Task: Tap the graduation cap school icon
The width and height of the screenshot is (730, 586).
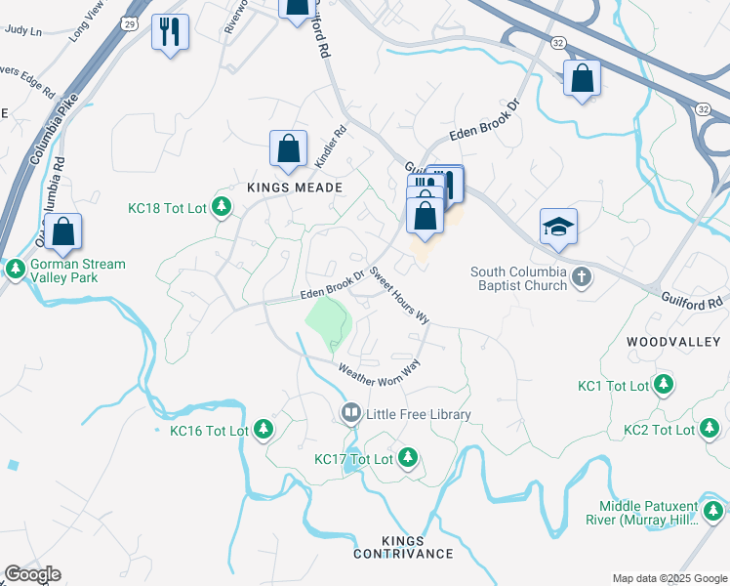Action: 558,227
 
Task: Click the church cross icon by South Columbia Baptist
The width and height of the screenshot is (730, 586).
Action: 582,276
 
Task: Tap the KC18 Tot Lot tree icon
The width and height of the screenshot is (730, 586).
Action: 223,206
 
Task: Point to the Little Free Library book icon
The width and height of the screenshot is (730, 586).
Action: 350,414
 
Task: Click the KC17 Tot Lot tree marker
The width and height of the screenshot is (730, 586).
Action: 408,457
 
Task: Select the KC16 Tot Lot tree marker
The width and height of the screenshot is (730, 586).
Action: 263,429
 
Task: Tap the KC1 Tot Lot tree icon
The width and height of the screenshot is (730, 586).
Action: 664,385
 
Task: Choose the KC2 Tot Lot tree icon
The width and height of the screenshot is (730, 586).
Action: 710,429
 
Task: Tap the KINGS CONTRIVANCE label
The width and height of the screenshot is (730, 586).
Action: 403,547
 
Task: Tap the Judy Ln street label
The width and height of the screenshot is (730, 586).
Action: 23,30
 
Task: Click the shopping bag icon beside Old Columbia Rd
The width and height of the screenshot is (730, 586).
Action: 63,231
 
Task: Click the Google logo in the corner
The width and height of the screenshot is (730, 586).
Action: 31,574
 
